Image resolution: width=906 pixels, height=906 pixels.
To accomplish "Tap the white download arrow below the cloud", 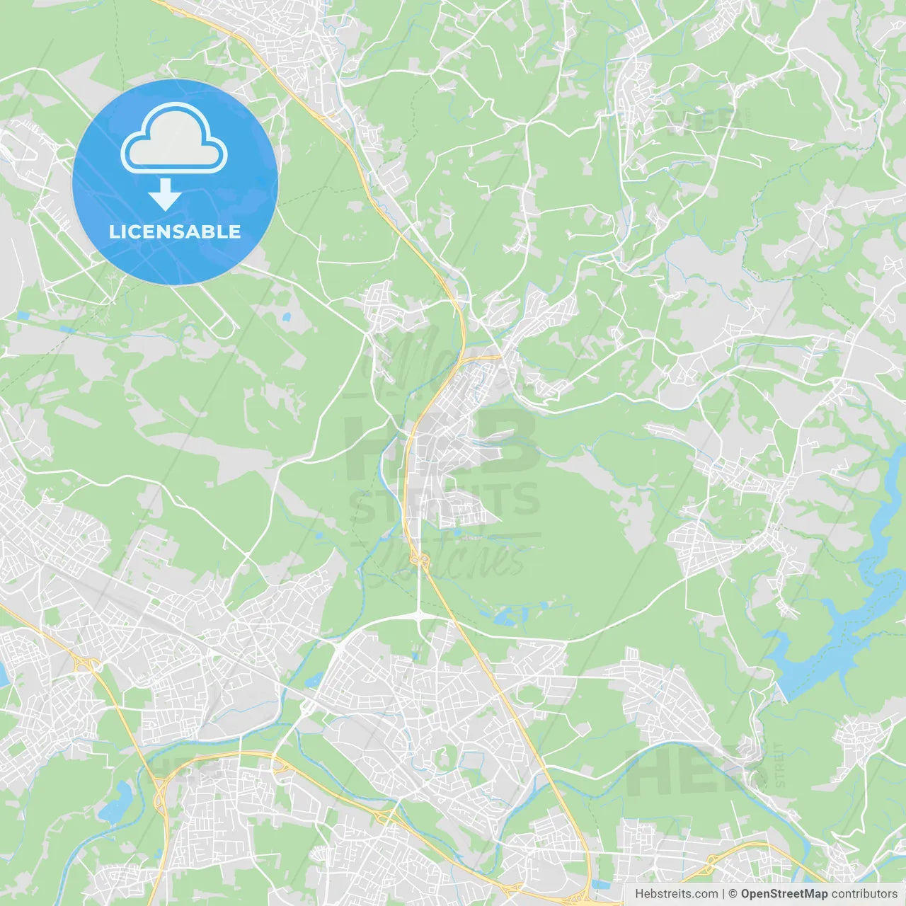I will pyautogui.click(x=165, y=195).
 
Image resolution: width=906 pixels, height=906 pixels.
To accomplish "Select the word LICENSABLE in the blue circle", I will pyautogui.click(x=175, y=231).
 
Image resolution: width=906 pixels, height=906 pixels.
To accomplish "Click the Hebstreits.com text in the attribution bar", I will pyautogui.click(x=676, y=894).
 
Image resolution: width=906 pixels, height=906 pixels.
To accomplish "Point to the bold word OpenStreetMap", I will pyautogui.click(x=784, y=894).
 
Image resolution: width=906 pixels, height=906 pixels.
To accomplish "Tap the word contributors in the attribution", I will pyautogui.click(x=864, y=894).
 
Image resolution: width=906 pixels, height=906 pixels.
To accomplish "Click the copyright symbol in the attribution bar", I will pyautogui.click(x=733, y=894).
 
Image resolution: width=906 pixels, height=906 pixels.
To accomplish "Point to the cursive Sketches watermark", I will pyautogui.click(x=446, y=556).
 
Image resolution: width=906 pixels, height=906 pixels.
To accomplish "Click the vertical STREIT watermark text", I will pyautogui.click(x=779, y=764).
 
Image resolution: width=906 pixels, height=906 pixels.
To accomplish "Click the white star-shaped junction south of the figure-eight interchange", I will pyautogui.click(x=420, y=618).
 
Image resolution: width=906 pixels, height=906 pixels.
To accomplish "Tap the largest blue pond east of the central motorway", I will pyautogui.click(x=507, y=618).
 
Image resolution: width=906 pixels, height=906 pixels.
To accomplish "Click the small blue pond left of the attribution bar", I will pyautogui.click(x=600, y=884).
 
